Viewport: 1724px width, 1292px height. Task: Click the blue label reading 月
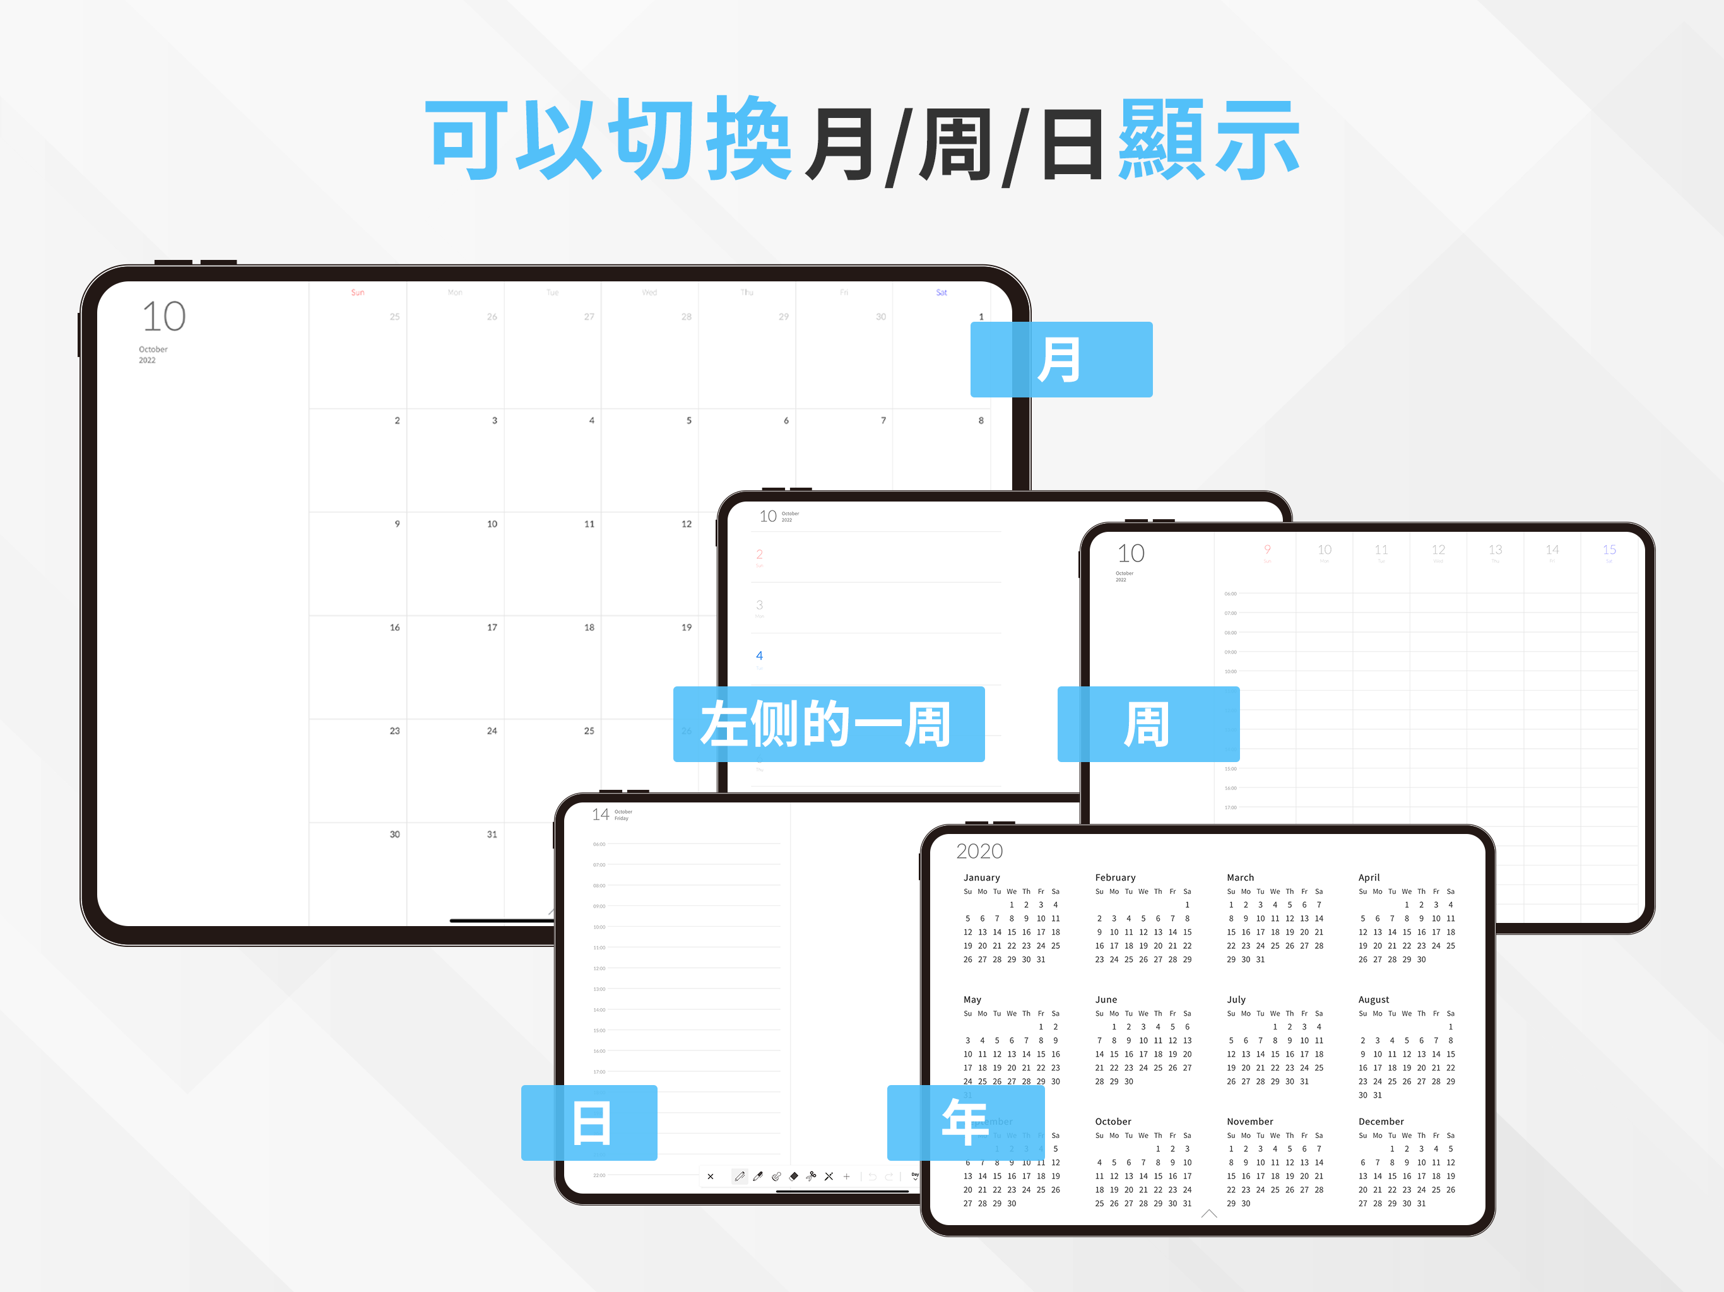coord(1060,359)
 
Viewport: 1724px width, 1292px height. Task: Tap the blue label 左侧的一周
coord(828,724)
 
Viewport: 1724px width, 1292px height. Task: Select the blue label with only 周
coord(1147,724)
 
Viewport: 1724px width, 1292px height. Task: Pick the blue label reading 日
coord(589,1122)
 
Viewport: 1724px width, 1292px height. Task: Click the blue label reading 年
coord(965,1122)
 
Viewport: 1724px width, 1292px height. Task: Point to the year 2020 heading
coord(979,851)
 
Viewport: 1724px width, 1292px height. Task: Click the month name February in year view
coord(1114,878)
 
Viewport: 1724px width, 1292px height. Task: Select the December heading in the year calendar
coord(1380,1121)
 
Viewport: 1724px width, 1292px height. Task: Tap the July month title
coord(1236,999)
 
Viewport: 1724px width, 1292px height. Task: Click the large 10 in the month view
coord(163,317)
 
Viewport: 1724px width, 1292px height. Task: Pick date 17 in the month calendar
coord(492,627)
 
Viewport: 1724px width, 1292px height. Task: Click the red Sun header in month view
coord(357,292)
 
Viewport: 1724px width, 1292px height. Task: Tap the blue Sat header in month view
coord(941,292)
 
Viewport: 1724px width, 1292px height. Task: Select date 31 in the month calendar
coord(492,834)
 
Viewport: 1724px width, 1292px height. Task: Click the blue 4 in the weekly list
coord(759,656)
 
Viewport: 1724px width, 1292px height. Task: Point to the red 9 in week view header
coord(1267,549)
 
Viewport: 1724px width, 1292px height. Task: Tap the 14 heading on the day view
coord(600,814)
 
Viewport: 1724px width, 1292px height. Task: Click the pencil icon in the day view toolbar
coord(739,1177)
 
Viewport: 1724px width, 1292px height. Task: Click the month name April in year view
coord(1369,878)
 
